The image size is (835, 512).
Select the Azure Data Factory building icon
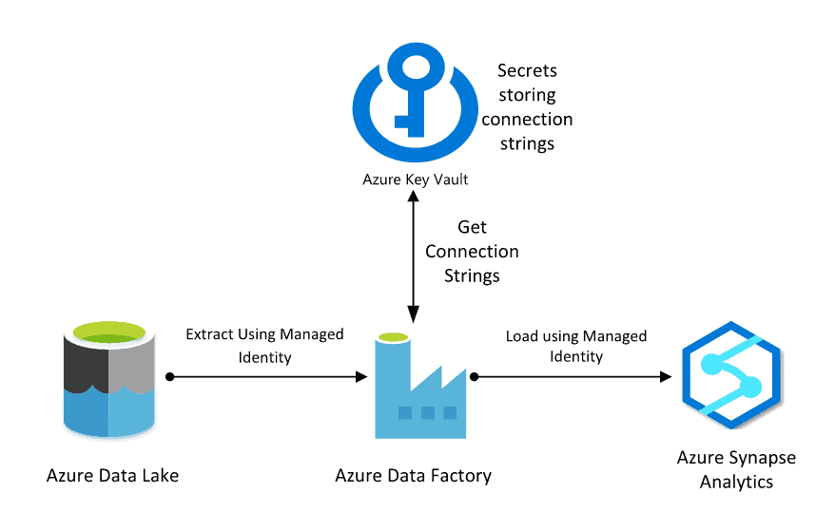[419, 389]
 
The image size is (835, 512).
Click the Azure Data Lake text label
[112, 475]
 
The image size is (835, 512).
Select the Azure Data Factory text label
[413, 475]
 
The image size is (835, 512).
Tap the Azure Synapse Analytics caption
[736, 469]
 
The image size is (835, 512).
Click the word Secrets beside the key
[527, 71]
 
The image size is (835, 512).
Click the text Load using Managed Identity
[575, 346]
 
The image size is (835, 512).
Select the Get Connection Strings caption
[472, 252]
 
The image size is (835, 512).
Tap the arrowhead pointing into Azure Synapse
[665, 377]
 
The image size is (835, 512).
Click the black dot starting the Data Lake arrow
[169, 377]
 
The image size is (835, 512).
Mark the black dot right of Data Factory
[473, 377]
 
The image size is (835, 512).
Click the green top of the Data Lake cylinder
[108, 332]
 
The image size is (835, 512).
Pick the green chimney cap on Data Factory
[391, 337]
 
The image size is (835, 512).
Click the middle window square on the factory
[427, 413]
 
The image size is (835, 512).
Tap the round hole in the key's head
[414, 67]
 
